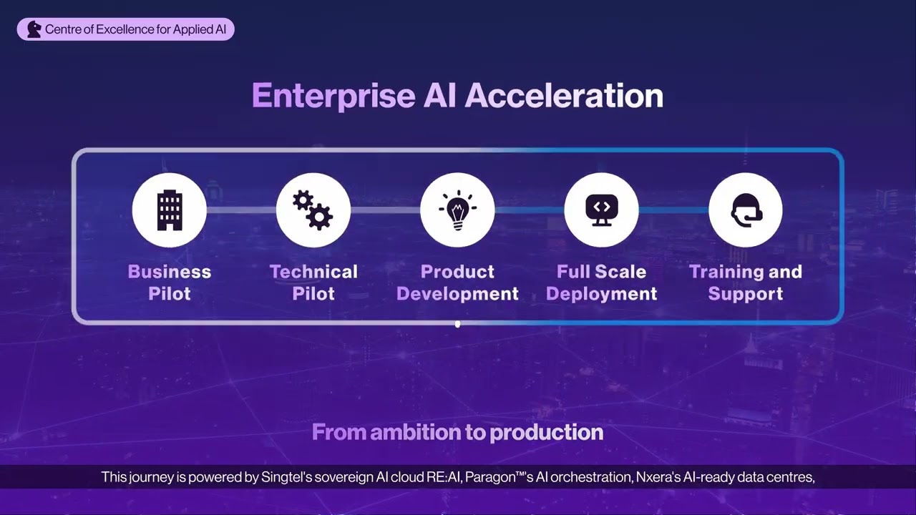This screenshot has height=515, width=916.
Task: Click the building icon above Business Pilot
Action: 170,210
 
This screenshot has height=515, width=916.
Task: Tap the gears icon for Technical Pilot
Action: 313,210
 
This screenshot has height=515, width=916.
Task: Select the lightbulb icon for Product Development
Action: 457,210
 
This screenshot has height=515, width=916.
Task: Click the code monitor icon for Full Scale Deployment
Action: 601,210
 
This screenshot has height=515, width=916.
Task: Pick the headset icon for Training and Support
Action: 746,210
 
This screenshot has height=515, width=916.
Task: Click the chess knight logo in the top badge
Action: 34,29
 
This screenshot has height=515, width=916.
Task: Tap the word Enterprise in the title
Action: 333,96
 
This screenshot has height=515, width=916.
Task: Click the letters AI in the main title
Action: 439,96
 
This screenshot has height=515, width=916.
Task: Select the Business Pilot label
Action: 170,283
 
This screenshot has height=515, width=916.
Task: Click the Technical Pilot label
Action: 313,283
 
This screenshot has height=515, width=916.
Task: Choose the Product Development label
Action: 457,283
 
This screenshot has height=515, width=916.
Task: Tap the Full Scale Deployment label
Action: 601,283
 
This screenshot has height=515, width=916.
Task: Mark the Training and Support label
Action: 746,283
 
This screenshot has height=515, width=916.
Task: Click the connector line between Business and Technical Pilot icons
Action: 241,210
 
